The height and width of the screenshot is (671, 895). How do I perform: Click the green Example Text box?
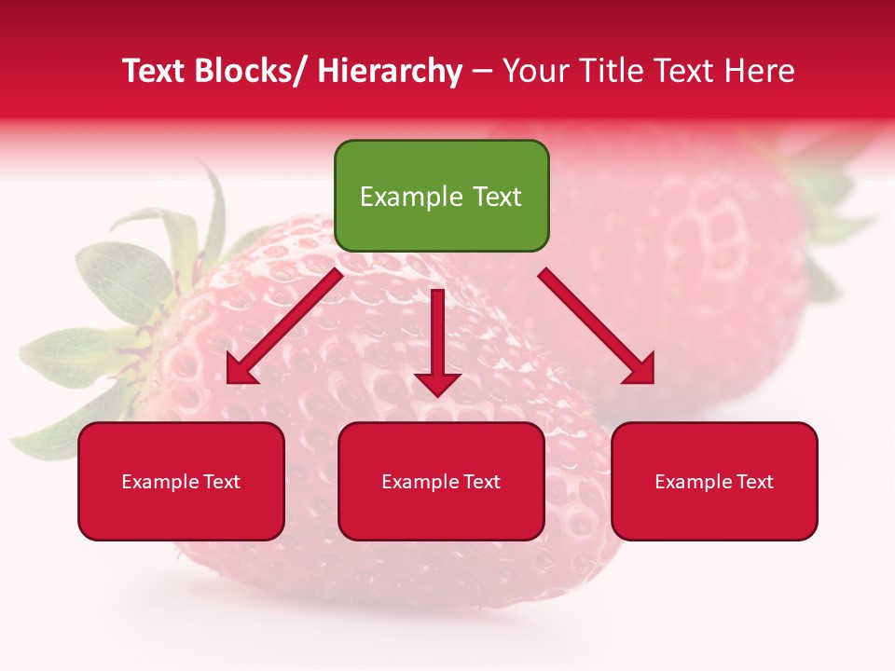(x=441, y=196)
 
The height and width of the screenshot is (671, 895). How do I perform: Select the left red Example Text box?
(x=181, y=481)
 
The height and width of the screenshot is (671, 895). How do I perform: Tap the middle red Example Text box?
(x=441, y=481)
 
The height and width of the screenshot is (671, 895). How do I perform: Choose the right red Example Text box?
(x=714, y=481)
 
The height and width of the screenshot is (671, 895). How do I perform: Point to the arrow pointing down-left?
(x=284, y=326)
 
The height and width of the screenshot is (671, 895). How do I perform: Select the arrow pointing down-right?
(x=597, y=326)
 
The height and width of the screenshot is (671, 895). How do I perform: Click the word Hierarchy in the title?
(x=390, y=71)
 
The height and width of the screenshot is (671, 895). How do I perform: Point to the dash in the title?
(x=481, y=71)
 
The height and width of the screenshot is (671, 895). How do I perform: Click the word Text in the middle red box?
(x=481, y=481)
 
